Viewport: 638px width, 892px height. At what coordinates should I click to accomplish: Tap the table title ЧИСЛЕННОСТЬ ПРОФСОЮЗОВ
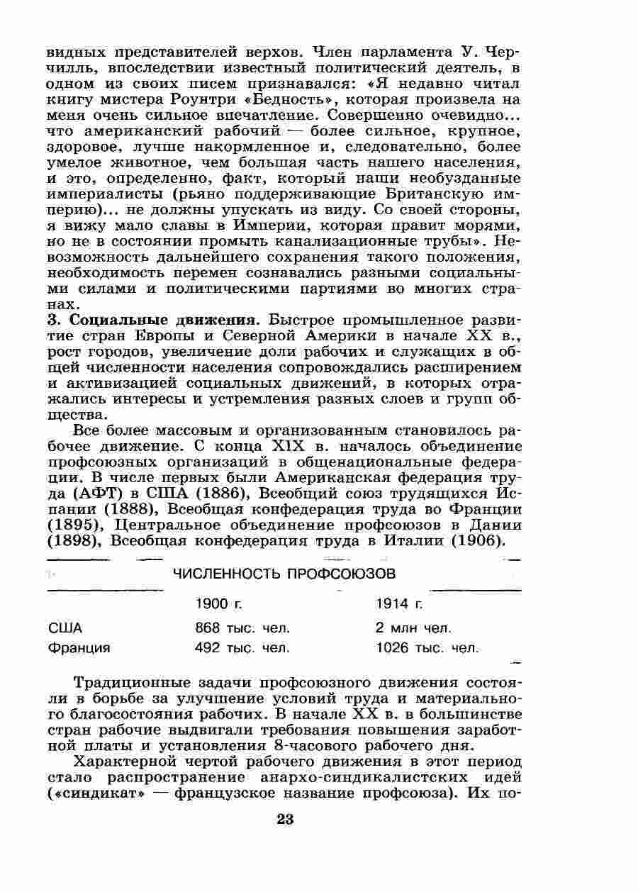[x=284, y=573]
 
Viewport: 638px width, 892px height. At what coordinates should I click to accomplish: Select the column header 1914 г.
[x=399, y=603]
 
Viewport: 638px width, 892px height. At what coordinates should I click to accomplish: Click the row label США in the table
[x=65, y=628]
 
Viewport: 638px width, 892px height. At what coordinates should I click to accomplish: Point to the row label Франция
[x=79, y=647]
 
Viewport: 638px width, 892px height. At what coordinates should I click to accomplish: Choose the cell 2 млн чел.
[x=413, y=628]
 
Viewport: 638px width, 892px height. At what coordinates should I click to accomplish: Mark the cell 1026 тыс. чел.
[x=427, y=647]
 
